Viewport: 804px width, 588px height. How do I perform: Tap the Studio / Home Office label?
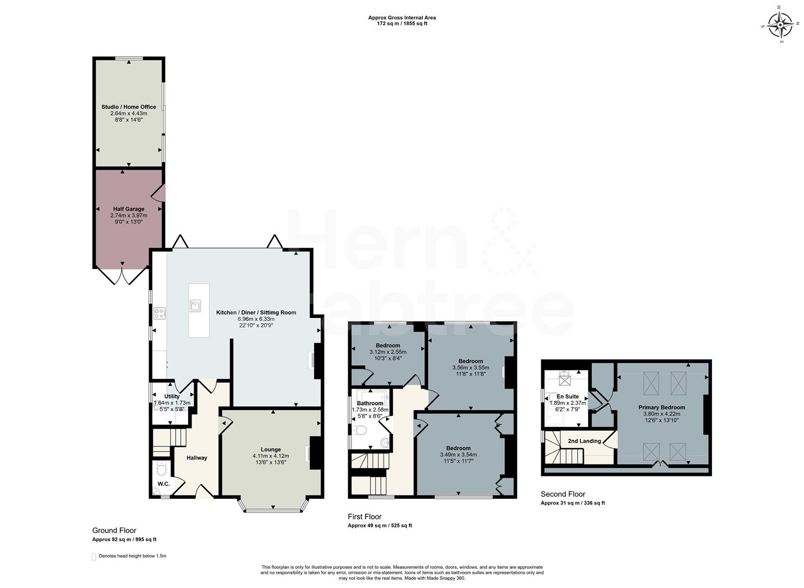128,107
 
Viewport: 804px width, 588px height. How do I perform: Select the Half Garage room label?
128,209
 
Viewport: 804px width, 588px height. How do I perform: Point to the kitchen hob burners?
160,313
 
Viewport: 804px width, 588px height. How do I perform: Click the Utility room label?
172,397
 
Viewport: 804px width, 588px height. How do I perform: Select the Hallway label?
196,458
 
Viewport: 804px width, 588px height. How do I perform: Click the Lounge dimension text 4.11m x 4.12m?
270,456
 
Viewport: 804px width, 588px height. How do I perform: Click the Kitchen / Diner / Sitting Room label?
256,313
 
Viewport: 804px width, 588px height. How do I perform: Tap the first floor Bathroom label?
370,403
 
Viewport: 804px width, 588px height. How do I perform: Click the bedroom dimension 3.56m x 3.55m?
471,367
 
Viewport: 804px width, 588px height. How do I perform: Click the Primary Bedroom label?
661,407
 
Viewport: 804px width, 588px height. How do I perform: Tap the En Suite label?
567,396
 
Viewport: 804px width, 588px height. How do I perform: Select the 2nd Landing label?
584,441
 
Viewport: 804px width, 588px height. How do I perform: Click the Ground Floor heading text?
114,530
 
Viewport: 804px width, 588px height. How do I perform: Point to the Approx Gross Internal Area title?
401,17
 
